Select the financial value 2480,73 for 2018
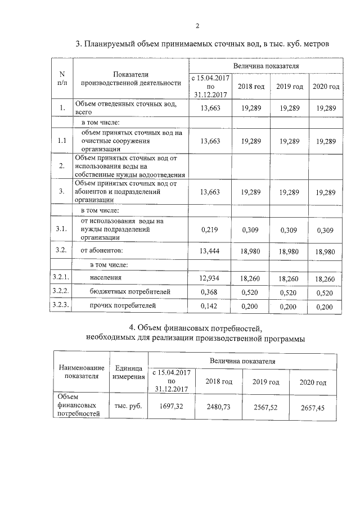click(219, 407)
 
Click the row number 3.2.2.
click(61, 291)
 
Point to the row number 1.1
click(62, 141)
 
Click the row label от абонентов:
click(101, 250)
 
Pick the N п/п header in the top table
click(62, 78)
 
